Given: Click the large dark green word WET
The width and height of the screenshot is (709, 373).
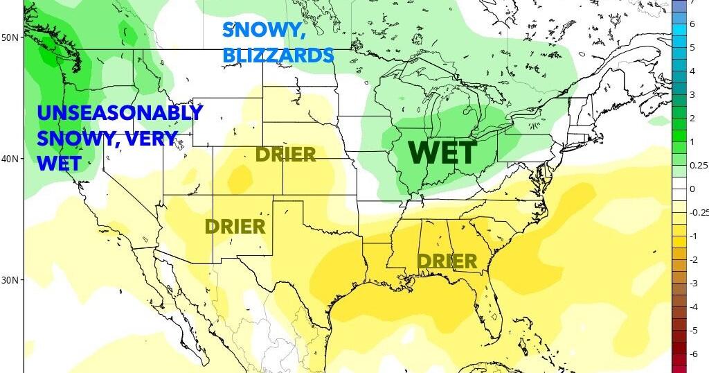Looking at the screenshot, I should coord(443,153).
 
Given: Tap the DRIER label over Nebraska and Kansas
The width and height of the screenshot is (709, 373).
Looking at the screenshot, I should coord(286,154).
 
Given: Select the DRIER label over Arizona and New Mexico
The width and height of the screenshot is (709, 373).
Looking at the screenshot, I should coord(235,226).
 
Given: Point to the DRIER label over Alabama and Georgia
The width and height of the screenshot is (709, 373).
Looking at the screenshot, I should coord(447,261).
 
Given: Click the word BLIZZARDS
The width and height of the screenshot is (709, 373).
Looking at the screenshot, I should coord(278,54).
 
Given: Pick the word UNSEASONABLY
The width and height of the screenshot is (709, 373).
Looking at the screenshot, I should coord(120,112).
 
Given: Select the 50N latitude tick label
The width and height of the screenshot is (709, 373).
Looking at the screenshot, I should coord(10,37).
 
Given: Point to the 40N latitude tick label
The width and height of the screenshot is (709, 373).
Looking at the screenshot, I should coord(10,159).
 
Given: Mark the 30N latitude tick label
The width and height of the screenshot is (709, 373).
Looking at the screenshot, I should coord(10,280).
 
